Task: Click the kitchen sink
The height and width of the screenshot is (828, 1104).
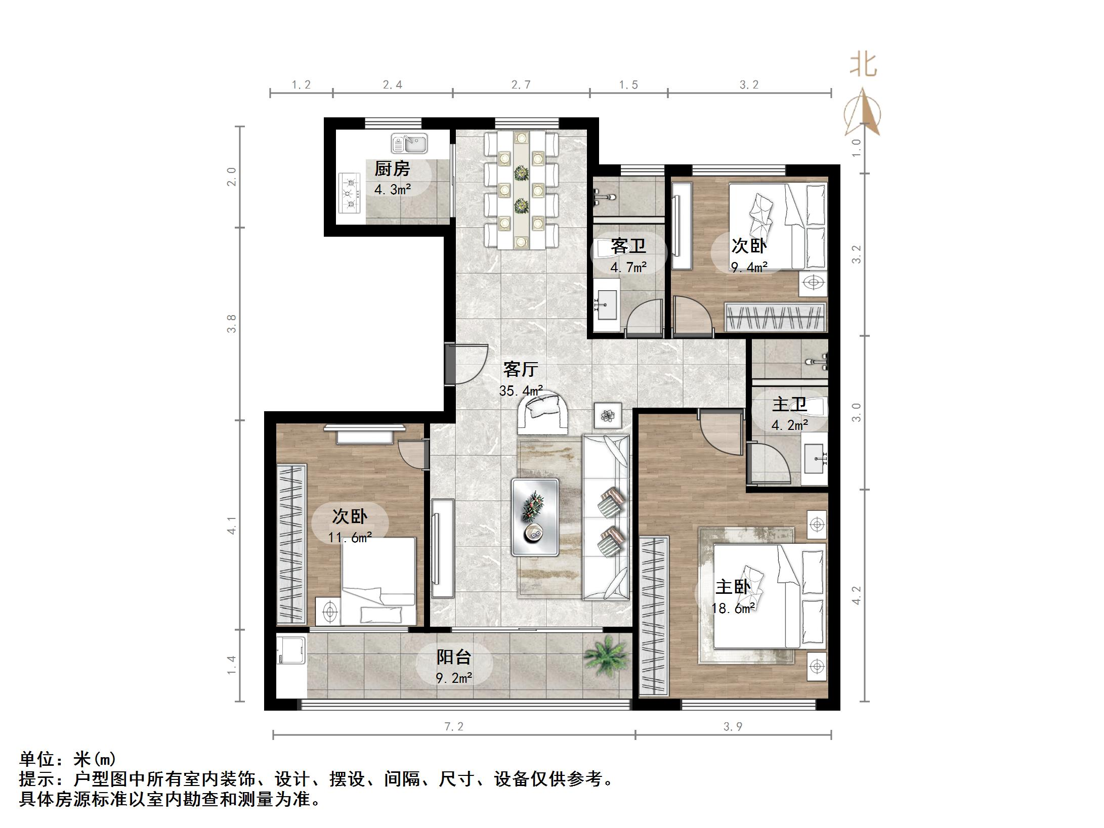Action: click(x=409, y=143)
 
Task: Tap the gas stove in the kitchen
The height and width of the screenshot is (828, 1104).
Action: click(x=349, y=192)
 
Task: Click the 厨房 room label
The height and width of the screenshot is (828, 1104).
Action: click(x=392, y=168)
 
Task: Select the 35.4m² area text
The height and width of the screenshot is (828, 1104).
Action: click(x=521, y=390)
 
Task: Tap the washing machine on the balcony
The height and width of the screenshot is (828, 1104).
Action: click(x=291, y=650)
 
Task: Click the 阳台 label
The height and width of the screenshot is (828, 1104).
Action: click(x=454, y=657)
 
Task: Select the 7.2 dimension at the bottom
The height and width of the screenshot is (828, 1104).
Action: click(x=454, y=727)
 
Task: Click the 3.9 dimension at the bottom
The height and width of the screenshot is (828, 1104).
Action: click(x=733, y=727)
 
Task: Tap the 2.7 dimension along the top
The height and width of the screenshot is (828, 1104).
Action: click(x=521, y=85)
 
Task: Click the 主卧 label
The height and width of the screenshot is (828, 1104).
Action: click(x=732, y=587)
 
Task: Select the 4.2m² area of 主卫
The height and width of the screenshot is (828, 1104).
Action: click(x=789, y=425)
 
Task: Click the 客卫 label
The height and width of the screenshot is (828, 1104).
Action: click(x=628, y=246)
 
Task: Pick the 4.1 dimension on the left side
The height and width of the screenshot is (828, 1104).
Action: click(x=232, y=525)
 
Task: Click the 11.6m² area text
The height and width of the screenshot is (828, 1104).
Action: click(x=350, y=537)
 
